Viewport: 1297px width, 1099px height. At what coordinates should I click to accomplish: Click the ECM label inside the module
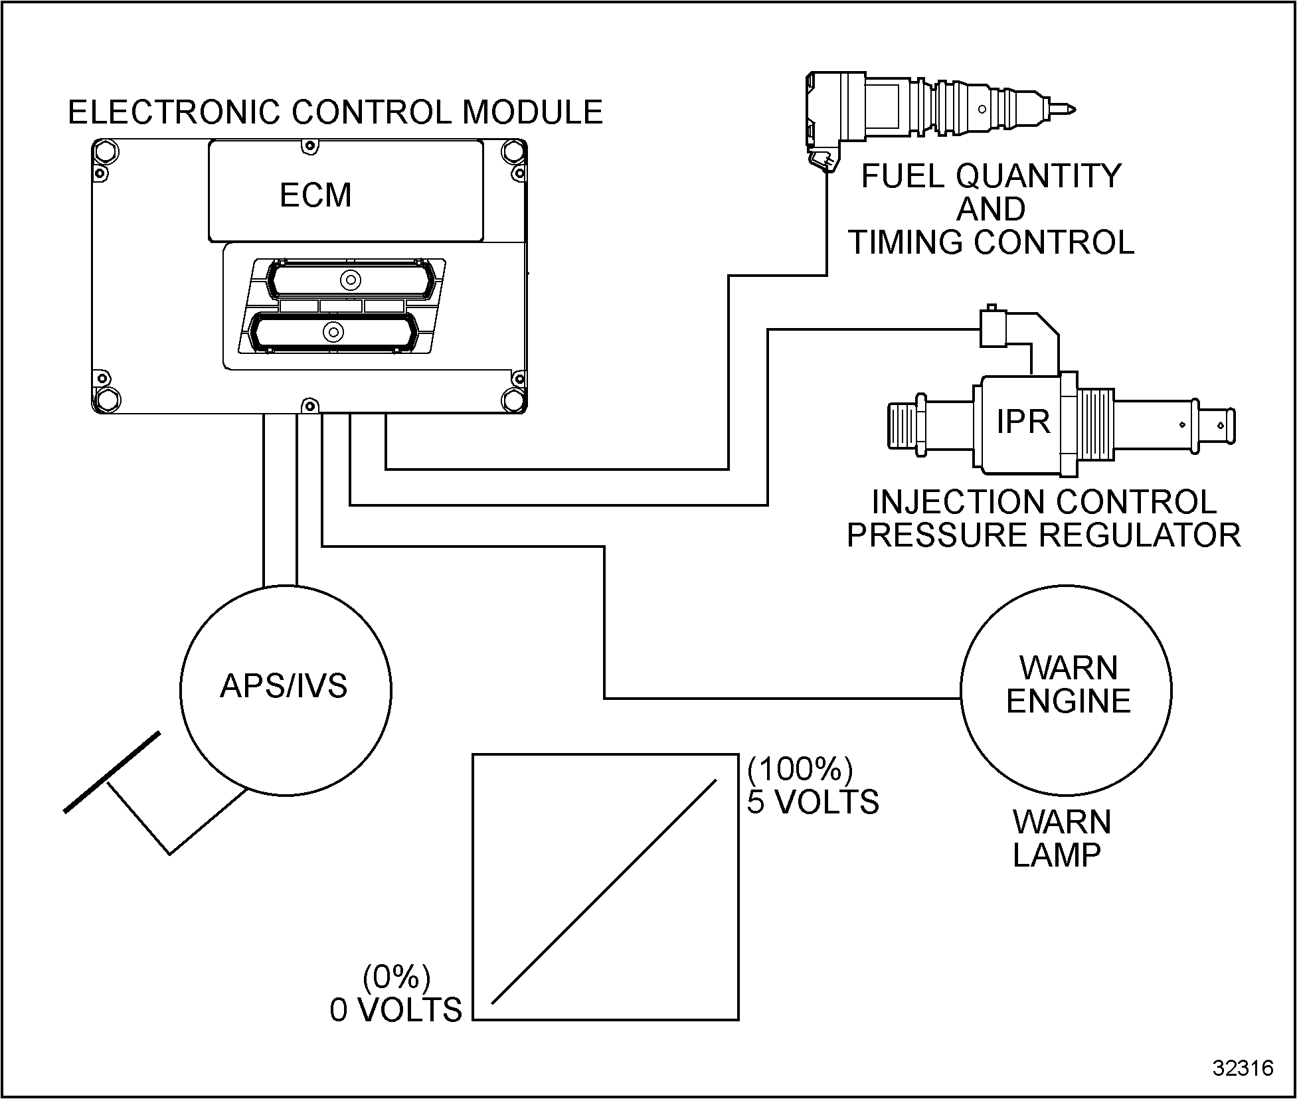point(315,195)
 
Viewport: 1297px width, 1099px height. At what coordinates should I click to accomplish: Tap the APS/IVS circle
point(286,690)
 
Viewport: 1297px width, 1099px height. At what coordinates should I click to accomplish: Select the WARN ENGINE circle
point(1066,691)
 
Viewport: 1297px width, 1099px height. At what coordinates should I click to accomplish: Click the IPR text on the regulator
point(1023,421)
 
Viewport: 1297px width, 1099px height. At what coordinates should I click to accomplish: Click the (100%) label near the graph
point(800,769)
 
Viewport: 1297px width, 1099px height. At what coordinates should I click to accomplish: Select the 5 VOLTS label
point(813,802)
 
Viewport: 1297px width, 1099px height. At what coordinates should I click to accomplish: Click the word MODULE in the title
point(533,112)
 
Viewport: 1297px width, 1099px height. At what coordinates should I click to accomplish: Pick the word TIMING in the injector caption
point(906,242)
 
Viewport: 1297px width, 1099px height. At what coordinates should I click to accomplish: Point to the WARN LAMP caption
point(1061,839)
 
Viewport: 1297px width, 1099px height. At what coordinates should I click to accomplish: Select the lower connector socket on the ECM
point(332,331)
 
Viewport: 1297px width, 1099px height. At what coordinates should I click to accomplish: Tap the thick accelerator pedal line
point(112,772)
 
